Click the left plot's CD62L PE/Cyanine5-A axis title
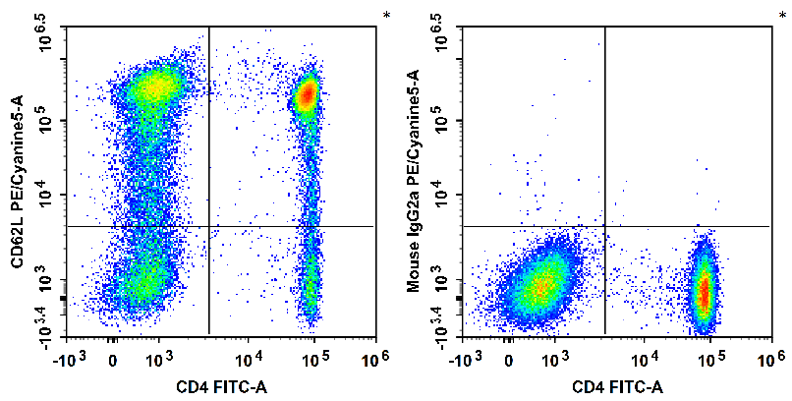point(17,183)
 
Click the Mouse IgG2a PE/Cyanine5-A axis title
point(414,183)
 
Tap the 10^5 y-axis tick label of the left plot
point(49,121)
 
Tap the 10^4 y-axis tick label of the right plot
point(445,195)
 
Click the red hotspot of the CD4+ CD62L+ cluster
point(307,95)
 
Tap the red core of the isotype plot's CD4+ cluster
point(704,290)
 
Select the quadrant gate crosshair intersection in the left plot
point(209,226)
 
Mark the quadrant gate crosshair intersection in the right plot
point(604,226)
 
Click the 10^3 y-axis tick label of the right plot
point(445,282)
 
